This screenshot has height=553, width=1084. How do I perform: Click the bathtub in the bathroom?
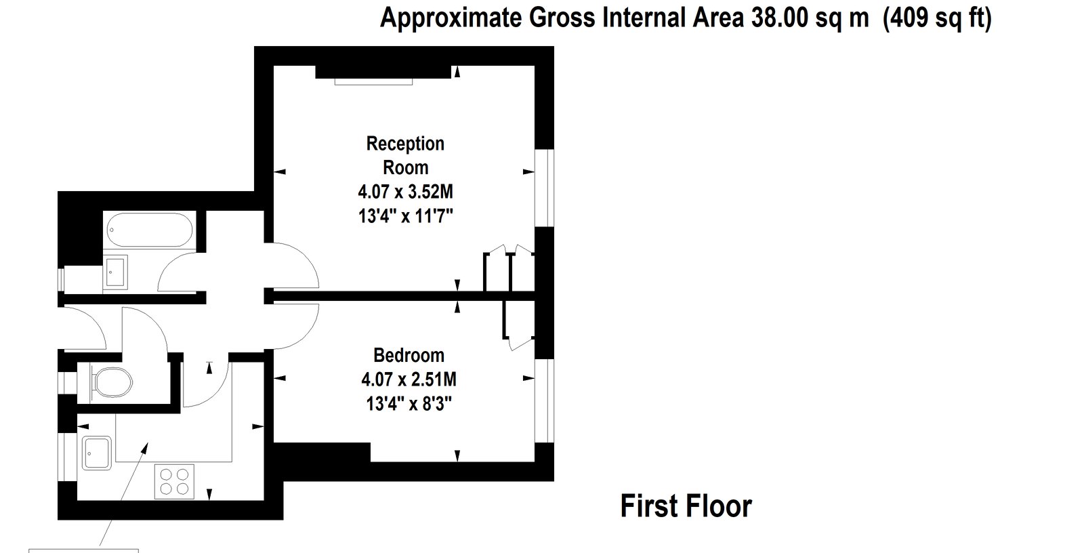coord(149,230)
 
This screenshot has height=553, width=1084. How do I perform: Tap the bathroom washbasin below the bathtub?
coord(115,272)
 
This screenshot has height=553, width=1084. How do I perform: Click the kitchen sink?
coord(97,453)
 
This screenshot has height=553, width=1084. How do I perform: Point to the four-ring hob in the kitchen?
coord(174,481)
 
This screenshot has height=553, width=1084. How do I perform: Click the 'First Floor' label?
coord(686,506)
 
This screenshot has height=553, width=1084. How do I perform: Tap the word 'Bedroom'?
coord(409,355)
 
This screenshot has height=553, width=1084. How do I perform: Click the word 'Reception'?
coord(405,144)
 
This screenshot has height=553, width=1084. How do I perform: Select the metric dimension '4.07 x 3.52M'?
coord(406,192)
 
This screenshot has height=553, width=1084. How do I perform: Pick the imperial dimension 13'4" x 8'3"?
coord(409,403)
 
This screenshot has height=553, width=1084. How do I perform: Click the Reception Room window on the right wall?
coord(545,188)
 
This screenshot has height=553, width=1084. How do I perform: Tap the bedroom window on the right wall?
coord(545,401)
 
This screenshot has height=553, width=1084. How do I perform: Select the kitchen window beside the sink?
coord(67,457)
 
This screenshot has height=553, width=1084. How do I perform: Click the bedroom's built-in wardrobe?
coord(519,323)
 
